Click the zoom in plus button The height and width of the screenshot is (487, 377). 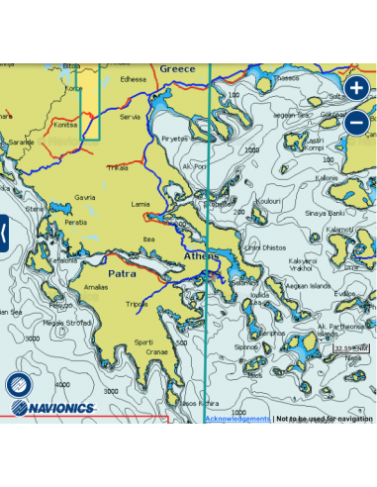pyautogui.click(x=356, y=87)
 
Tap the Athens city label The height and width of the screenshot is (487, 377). pyautogui.click(x=203, y=256)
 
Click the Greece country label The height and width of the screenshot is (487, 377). pyautogui.click(x=178, y=69)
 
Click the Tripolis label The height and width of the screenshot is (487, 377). pyautogui.click(x=138, y=304)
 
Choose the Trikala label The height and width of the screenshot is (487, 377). pyautogui.click(x=117, y=167)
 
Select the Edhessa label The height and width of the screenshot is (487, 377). pyautogui.click(x=133, y=78)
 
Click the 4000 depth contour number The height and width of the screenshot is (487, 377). pyautogui.click(x=62, y=384)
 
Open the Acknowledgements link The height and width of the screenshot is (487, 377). pyautogui.click(x=236, y=419)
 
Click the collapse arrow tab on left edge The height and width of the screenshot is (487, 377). pyautogui.click(x=4, y=233)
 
